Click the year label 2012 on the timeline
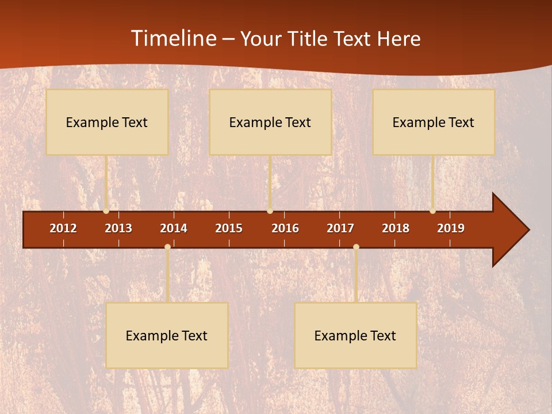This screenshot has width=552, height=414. [x=63, y=228]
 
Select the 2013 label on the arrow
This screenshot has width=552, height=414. [x=118, y=228]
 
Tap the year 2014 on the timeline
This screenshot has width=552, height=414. [x=174, y=228]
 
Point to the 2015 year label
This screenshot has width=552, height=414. [x=229, y=228]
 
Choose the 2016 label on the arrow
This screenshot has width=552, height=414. [x=285, y=228]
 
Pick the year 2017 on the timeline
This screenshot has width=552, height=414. [x=340, y=228]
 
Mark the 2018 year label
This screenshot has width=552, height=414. [x=396, y=228]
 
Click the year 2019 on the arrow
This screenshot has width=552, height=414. [x=451, y=228]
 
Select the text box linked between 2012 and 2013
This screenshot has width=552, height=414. [x=107, y=122]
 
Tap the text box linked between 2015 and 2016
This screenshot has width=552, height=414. [x=270, y=122]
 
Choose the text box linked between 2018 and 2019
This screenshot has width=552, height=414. [x=434, y=122]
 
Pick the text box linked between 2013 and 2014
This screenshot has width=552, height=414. [x=167, y=335]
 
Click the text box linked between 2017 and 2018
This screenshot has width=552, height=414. [x=355, y=335]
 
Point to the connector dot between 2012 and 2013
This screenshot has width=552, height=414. [x=106, y=211]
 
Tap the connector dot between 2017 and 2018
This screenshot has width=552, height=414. [x=356, y=247]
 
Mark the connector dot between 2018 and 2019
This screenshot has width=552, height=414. [x=432, y=211]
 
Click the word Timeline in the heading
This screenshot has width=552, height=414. [x=174, y=39]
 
